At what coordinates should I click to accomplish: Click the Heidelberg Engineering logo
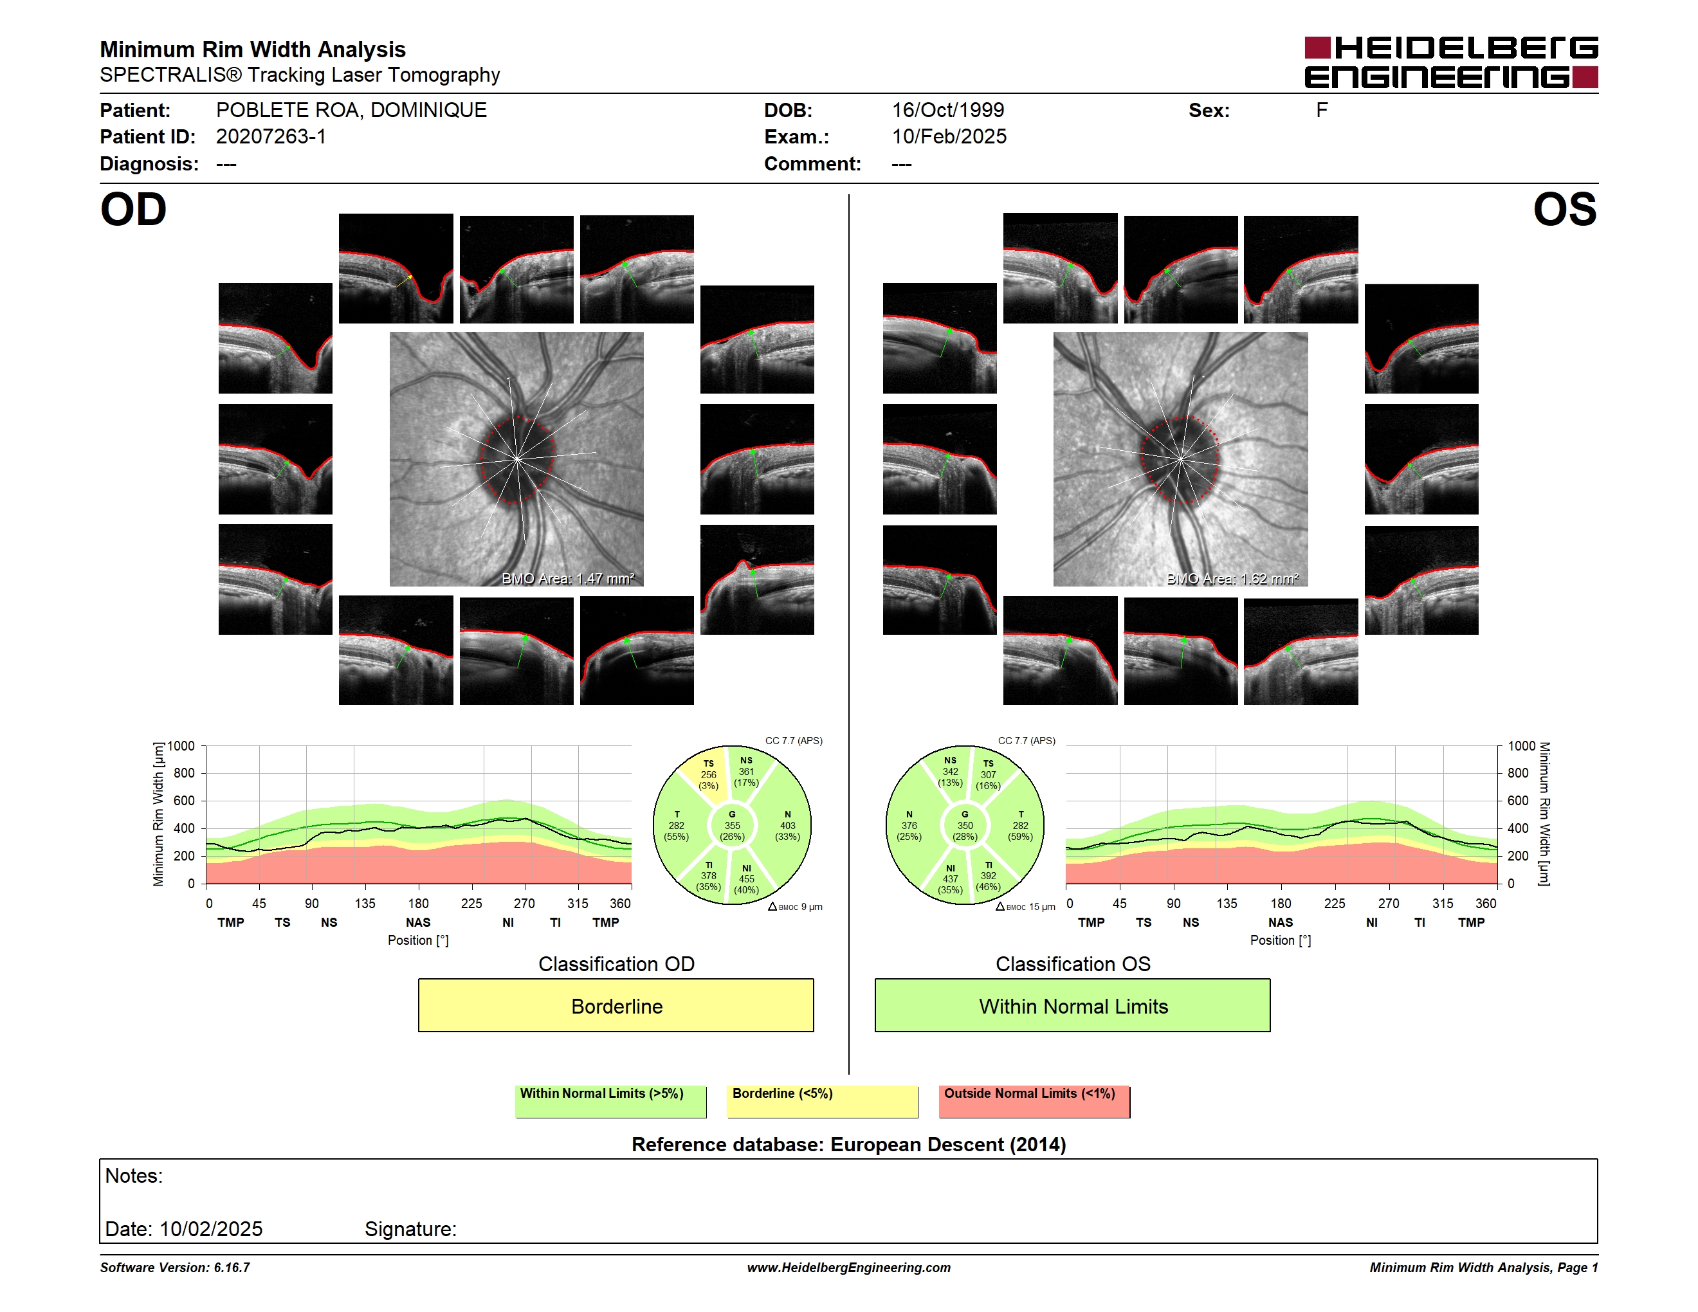coord(1451,62)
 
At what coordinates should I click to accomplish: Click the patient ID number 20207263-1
coord(271,137)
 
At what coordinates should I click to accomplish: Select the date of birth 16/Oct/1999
coord(948,111)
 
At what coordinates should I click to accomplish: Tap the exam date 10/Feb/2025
coord(949,137)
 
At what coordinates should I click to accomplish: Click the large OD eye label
coord(133,210)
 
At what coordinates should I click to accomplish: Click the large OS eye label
coord(1564,210)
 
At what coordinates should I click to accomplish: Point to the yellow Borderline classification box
coord(616,1005)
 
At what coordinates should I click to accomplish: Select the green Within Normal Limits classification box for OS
coord(1072,1005)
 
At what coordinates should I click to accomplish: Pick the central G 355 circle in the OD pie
coord(731,825)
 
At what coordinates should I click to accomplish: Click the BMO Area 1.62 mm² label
coord(1232,578)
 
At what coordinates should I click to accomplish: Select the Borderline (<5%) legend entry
coord(822,1101)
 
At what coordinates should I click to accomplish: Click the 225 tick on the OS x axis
coord(1334,903)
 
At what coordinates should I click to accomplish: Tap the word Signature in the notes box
coord(410,1229)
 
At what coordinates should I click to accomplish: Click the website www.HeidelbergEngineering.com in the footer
coord(848,1268)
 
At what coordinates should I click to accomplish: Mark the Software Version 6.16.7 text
coord(175,1268)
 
